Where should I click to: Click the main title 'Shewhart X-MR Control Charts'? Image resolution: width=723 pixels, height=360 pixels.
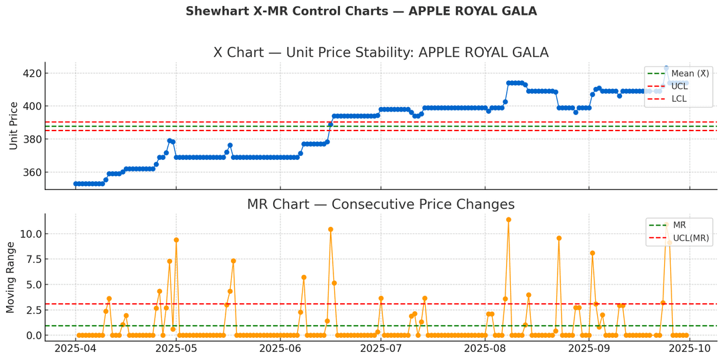click(x=361, y=11)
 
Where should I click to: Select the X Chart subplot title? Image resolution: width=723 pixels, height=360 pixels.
click(x=380, y=53)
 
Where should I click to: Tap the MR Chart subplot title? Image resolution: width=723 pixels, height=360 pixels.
click(x=380, y=204)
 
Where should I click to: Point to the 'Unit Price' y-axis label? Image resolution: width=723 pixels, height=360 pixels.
click(x=13, y=125)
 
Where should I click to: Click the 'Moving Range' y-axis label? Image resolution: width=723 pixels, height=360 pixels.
click(x=11, y=278)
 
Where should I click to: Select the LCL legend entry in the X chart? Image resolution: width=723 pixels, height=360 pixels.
click(x=678, y=99)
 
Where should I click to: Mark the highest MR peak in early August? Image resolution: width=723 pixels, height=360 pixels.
click(x=509, y=219)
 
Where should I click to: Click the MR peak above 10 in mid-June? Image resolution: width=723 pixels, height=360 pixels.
click(x=331, y=230)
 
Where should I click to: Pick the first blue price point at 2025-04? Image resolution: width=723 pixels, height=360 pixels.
click(x=76, y=183)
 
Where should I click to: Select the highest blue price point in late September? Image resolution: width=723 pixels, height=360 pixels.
click(x=666, y=68)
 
